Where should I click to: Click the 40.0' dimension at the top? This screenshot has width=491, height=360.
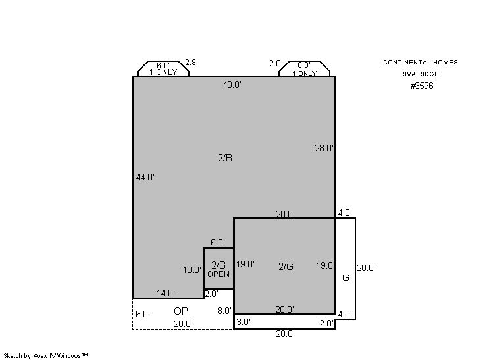[232, 84]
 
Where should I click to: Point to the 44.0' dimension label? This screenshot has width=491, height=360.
[145, 177]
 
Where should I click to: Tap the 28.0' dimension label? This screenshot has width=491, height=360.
[324, 148]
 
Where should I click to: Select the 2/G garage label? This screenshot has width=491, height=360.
[286, 266]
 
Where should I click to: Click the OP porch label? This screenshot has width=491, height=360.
[181, 311]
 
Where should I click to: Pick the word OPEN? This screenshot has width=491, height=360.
[219, 274]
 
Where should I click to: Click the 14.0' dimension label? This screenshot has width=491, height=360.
[166, 293]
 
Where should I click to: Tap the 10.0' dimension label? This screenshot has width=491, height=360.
[192, 270]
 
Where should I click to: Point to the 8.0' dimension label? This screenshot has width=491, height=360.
[224, 311]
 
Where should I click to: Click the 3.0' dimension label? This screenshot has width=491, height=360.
[244, 322]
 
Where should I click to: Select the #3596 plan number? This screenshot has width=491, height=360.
[422, 86]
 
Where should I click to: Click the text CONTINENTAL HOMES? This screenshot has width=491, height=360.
[421, 63]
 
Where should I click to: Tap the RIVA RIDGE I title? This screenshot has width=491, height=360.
[421, 74]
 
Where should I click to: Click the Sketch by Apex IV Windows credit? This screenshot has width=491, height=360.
[45, 356]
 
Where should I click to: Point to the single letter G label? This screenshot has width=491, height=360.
[346, 277]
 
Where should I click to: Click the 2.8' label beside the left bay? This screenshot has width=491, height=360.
[192, 63]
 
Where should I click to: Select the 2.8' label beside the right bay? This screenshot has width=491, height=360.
[276, 64]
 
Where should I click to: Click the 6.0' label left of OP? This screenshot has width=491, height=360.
[143, 314]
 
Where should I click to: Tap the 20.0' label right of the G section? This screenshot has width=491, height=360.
[367, 268]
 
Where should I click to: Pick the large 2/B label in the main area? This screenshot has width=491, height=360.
[225, 158]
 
